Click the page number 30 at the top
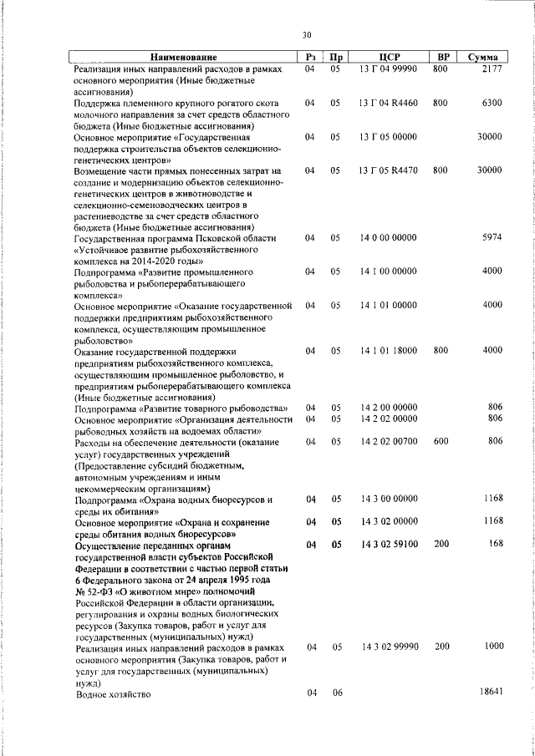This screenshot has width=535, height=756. pyautogui.click(x=306, y=35)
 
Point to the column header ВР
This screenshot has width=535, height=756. pyautogui.click(x=444, y=57)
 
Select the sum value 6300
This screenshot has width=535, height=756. pyautogui.click(x=492, y=103)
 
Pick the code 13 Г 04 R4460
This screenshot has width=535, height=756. pyautogui.click(x=387, y=103)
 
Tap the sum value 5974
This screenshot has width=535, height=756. pyautogui.click(x=492, y=238)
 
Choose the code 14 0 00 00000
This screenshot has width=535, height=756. pyautogui.click(x=387, y=238)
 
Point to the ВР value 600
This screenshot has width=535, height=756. pyautogui.click(x=441, y=440)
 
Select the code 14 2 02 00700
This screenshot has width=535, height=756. pyautogui.click(x=387, y=440)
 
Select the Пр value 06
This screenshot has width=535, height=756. pyautogui.click(x=336, y=693)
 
